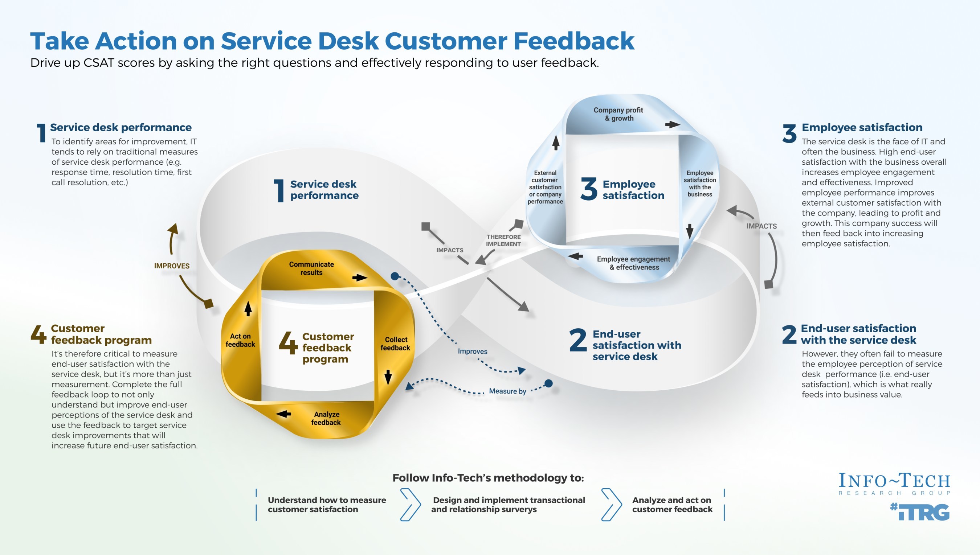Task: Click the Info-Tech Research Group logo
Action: [x=894, y=483]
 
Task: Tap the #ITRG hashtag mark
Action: [x=920, y=511]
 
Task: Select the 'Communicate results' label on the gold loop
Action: [x=311, y=268]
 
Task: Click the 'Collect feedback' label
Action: [x=395, y=344]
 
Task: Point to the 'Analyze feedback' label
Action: [x=326, y=418]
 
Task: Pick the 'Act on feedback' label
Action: [x=240, y=340]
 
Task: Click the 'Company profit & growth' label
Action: [x=618, y=114]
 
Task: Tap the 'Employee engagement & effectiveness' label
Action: [x=633, y=263]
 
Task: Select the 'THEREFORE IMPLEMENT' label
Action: [x=503, y=240]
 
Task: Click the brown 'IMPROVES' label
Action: [x=172, y=266]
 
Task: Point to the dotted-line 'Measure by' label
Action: [x=507, y=391]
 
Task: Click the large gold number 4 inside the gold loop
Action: [x=288, y=342]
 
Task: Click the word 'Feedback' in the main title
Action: [x=574, y=41]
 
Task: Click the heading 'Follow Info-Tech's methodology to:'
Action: [x=488, y=478]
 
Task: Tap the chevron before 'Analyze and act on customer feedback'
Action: [x=612, y=504]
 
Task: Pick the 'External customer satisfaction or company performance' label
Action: [x=545, y=187]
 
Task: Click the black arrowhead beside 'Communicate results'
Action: [x=360, y=277]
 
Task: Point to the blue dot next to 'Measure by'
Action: [x=548, y=383]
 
